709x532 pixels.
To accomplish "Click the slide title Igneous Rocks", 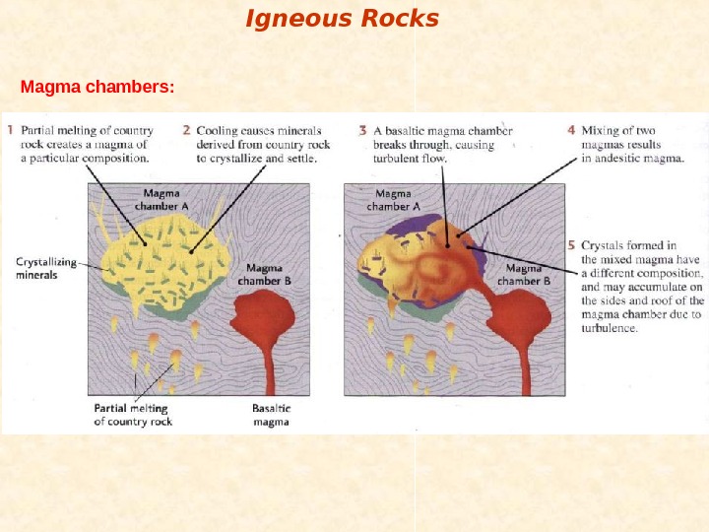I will point(342,19).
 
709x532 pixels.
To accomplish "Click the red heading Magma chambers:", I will point(97,88).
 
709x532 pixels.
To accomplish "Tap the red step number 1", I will point(11,130).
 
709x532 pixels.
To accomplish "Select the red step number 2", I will point(186,130).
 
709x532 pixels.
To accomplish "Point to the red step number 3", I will point(362,130).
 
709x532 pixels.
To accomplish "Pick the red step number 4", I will point(571,129).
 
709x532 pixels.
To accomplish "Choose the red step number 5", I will point(571,244).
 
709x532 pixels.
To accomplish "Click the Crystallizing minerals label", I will point(43,268).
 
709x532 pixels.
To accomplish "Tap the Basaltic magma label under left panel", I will point(270,415).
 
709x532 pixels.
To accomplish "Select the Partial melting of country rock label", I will point(133,415).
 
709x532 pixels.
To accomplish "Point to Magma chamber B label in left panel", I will point(264,274).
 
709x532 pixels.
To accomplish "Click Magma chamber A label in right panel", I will point(393,201).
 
